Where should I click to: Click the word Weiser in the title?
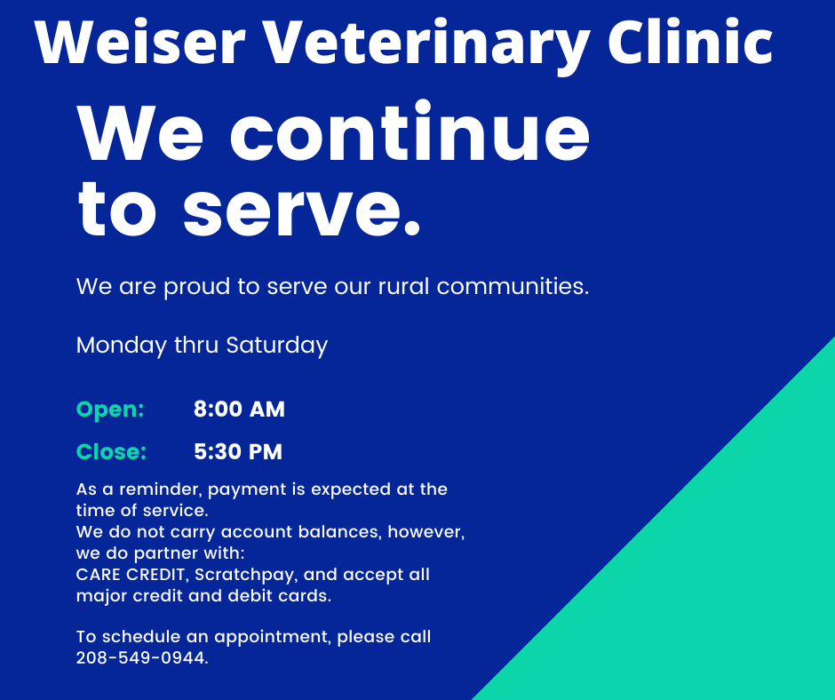139,42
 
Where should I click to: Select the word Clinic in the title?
690,41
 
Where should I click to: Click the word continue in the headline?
410,131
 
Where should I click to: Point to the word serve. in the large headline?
301,209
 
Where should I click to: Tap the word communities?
513,286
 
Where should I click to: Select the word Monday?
122,346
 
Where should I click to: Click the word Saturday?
277,346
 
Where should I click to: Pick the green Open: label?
110,410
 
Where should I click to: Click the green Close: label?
111,452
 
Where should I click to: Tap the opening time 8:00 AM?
239,410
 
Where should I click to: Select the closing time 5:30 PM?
238,452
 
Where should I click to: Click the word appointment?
273,638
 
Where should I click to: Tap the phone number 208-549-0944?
142,658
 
